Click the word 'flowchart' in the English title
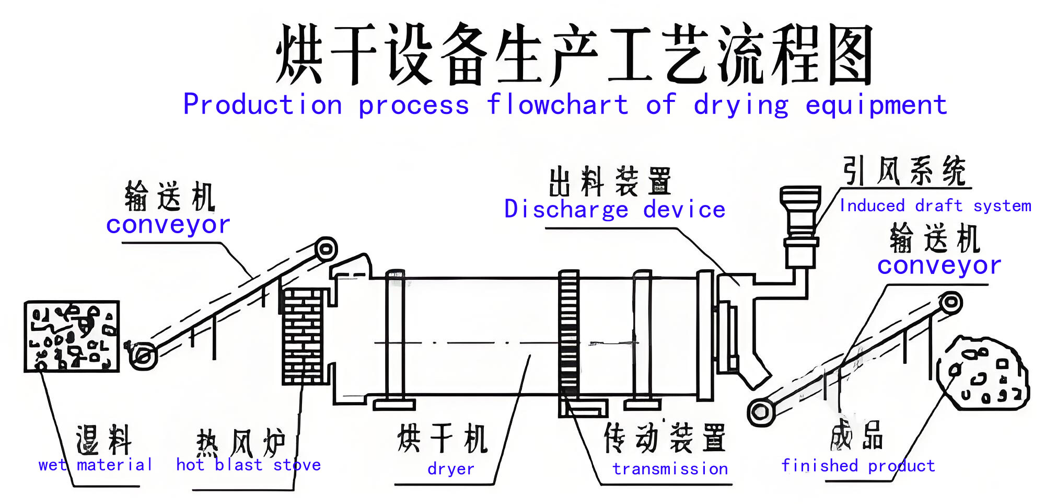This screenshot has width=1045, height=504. point(557,105)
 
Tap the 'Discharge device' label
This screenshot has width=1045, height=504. point(614,210)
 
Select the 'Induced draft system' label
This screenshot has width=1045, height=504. point(935,206)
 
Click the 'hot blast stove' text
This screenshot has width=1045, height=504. point(249,465)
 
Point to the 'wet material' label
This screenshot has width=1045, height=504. point(95,465)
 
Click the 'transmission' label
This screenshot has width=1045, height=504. point(670,469)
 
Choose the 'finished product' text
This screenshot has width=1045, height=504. point(858,465)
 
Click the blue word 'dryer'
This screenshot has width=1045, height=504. point(451,469)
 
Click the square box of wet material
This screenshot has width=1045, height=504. point(72,337)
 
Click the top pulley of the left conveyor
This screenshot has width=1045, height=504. point(326,249)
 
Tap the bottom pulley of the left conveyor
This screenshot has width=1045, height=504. point(142,357)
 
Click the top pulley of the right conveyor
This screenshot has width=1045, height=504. point(951,303)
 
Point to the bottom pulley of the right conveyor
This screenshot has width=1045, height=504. point(761,412)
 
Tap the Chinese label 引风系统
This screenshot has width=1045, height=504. point(904,171)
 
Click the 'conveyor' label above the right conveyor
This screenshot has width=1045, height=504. point(939,266)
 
